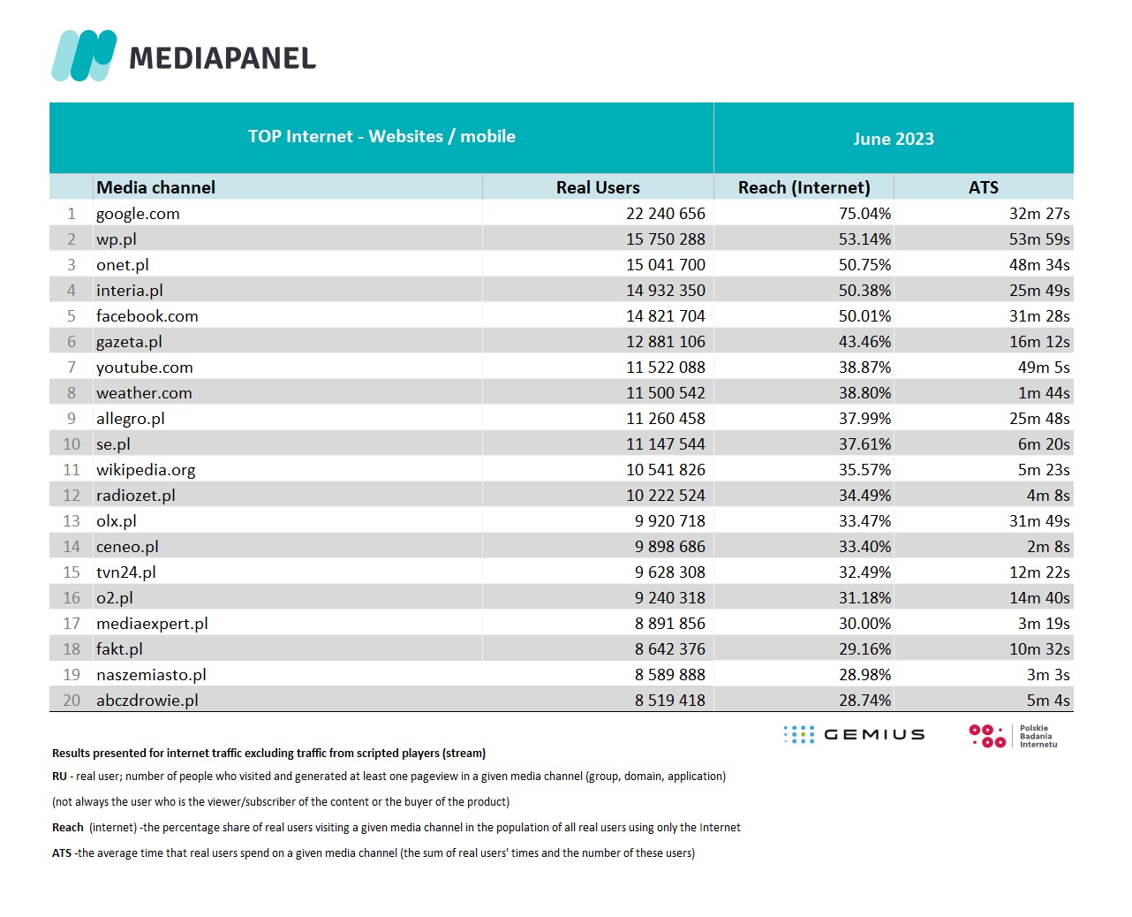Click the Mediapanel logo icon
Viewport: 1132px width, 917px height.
pyautogui.click(x=84, y=56)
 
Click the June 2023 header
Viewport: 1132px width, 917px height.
pyautogui.click(x=894, y=139)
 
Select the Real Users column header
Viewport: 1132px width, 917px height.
pyautogui.click(x=598, y=187)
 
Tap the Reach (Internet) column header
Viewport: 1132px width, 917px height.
pyautogui.click(x=804, y=187)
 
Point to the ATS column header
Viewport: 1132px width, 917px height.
pyautogui.click(x=983, y=187)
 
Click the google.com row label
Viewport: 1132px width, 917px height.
pyautogui.click(x=138, y=214)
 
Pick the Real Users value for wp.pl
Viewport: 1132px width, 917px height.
pyautogui.click(x=666, y=239)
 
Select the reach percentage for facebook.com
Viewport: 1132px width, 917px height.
pyautogui.click(x=864, y=316)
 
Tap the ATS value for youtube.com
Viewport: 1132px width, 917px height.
pyautogui.click(x=1043, y=368)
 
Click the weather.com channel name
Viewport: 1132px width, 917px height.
pyautogui.click(x=144, y=393)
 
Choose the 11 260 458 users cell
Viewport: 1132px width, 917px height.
pyautogui.click(x=666, y=419)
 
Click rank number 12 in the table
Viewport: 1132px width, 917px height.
pyautogui.click(x=72, y=496)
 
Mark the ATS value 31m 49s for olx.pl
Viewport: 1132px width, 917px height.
pyautogui.click(x=1039, y=521)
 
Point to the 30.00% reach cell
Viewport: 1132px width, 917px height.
pyautogui.click(x=864, y=624)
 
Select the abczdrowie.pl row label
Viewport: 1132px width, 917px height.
pyautogui.click(x=147, y=701)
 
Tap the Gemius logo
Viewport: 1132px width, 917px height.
pyautogui.click(x=854, y=735)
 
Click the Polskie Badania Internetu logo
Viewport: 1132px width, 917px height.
pyautogui.click(x=1013, y=736)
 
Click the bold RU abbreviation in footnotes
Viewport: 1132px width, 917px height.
pyautogui.click(x=59, y=777)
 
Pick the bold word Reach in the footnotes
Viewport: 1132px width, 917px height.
pyautogui.click(x=67, y=828)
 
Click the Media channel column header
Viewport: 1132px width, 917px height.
pyautogui.click(x=155, y=187)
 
